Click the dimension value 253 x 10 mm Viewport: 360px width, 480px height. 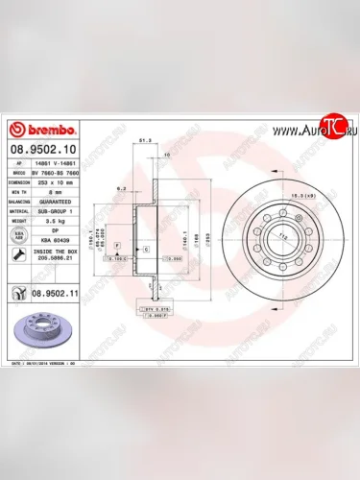(60, 181)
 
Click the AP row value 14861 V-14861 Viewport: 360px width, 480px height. (60, 164)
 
